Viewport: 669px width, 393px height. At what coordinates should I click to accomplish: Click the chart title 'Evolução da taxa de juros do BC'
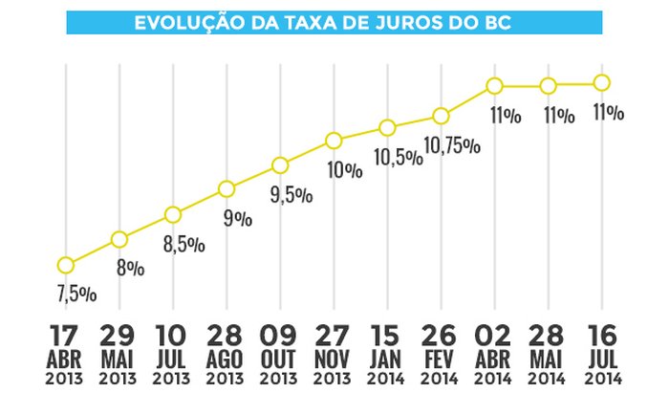(x=334, y=21)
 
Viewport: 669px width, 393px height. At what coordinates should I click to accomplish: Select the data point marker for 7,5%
(x=66, y=265)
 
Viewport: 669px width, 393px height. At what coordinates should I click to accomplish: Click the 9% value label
(x=237, y=219)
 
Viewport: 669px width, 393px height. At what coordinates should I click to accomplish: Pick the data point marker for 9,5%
(x=280, y=164)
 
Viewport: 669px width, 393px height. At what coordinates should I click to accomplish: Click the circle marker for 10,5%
(x=387, y=128)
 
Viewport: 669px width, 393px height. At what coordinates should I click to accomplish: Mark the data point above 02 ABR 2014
(x=494, y=86)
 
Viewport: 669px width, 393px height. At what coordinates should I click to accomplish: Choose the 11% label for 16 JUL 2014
(x=607, y=113)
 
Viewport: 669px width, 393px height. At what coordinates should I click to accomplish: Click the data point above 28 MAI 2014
(x=548, y=86)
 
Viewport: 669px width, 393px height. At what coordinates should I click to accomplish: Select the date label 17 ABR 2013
(x=66, y=353)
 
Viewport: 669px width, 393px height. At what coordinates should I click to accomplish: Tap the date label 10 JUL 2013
(x=173, y=353)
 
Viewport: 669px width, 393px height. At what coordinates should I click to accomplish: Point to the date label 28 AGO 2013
(x=227, y=353)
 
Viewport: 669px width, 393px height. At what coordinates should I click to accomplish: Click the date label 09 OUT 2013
(x=280, y=353)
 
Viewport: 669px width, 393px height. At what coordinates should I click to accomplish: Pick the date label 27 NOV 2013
(x=334, y=353)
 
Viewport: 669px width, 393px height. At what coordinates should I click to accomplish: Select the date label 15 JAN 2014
(x=387, y=353)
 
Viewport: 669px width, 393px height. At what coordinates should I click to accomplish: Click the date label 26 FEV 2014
(x=441, y=353)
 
